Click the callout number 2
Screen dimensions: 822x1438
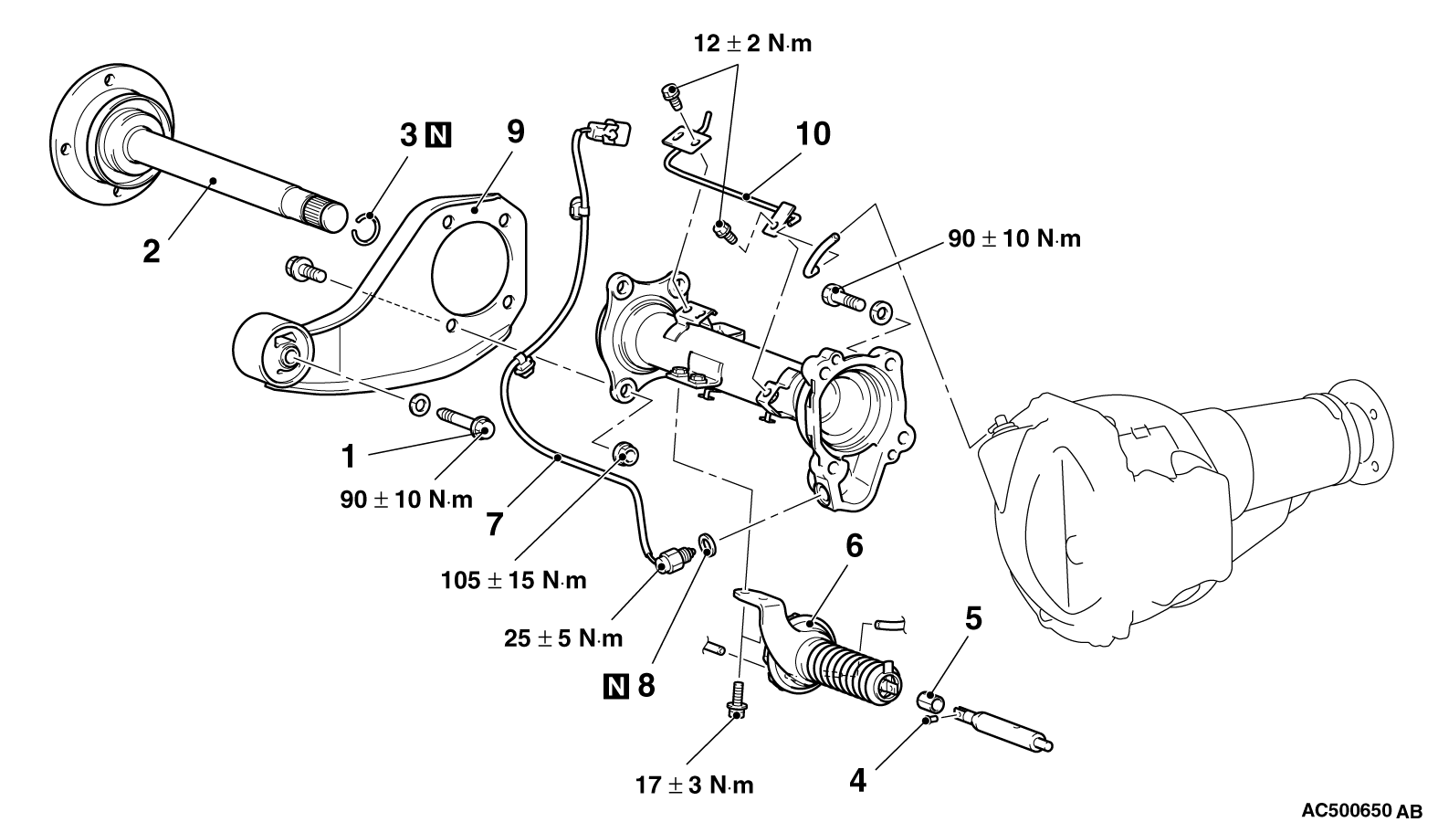[x=151, y=250]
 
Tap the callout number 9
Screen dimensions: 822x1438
[x=515, y=132]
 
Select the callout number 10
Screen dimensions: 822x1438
[x=813, y=134]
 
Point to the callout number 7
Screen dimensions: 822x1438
[x=494, y=523]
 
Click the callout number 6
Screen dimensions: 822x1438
[x=854, y=547]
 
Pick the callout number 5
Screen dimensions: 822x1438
[x=973, y=618]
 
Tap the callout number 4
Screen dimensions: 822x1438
[x=857, y=781]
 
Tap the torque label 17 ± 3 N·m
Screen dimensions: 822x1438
[x=695, y=785]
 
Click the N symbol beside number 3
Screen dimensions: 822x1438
[x=439, y=136]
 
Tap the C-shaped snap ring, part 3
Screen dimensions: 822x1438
[x=364, y=228]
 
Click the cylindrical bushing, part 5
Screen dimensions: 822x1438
[x=930, y=701]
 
